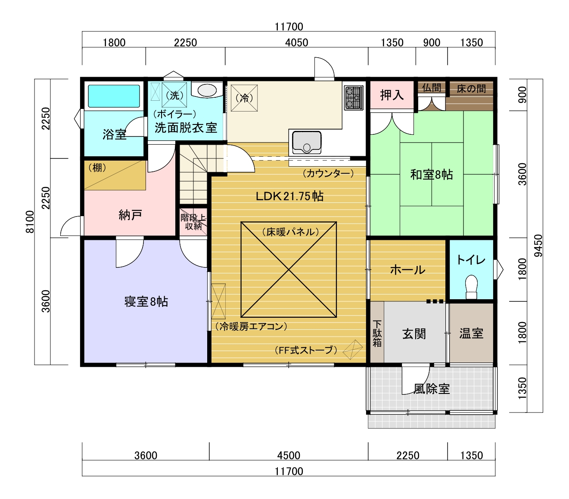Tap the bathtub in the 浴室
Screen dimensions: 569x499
pyautogui.click(x=114, y=96)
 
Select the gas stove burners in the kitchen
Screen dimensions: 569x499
pyautogui.click(x=354, y=97)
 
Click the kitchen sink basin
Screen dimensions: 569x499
pyautogui.click(x=307, y=142)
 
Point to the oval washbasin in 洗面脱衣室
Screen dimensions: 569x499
pyautogui.click(x=207, y=90)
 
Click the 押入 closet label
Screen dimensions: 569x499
pyautogui.click(x=392, y=95)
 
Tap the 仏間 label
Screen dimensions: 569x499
pyautogui.click(x=432, y=88)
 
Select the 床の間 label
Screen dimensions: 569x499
pyautogui.click(x=471, y=89)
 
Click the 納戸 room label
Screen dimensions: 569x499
pyautogui.click(x=130, y=215)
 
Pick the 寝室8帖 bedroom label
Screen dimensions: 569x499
pyautogui.click(x=146, y=301)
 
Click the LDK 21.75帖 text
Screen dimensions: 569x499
pyautogui.click(x=289, y=196)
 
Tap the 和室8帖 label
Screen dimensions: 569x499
pyautogui.click(x=432, y=175)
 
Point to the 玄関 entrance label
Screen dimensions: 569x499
pyautogui.click(x=414, y=334)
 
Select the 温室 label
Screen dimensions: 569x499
pyautogui.click(x=471, y=333)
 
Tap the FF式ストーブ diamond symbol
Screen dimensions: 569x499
pyautogui.click(x=353, y=350)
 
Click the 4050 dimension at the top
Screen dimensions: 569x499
pyautogui.click(x=297, y=43)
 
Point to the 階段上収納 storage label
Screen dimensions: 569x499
pyautogui.click(x=193, y=222)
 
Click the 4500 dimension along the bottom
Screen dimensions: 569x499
pyautogui.click(x=289, y=455)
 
